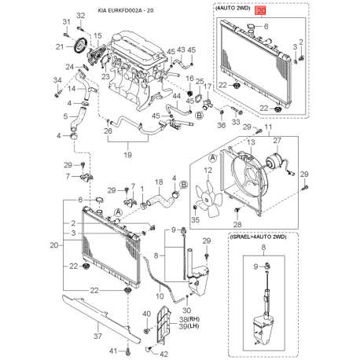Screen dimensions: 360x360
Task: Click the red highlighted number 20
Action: pyautogui.click(x=262, y=11)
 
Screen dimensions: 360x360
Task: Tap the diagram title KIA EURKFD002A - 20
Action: pyautogui.click(x=126, y=11)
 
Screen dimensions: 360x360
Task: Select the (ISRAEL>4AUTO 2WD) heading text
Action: pyautogui.click(x=259, y=237)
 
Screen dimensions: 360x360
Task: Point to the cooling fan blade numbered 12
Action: pyautogui.click(x=209, y=199)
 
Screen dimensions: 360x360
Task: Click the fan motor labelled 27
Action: pyautogui.click(x=274, y=161)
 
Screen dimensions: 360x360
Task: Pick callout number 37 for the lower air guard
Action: pyautogui.click(x=97, y=336)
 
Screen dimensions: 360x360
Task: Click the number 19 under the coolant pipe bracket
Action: pyautogui.click(x=127, y=155)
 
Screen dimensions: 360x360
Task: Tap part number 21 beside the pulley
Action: pyautogui.click(x=60, y=46)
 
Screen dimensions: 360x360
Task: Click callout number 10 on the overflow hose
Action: pyautogui.click(x=160, y=296)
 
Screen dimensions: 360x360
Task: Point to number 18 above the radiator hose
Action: pyautogui.click(x=159, y=182)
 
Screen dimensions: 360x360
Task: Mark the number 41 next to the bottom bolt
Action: pyautogui.click(x=113, y=351)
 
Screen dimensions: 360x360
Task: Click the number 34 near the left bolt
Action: pyautogui.click(x=57, y=80)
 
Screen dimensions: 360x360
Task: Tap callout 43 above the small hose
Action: pyautogui.click(x=181, y=50)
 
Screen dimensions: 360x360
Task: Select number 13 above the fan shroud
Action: pyautogui.click(x=251, y=142)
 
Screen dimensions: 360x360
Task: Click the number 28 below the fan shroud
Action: pyautogui.click(x=237, y=224)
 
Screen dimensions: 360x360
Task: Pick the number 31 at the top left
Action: pyautogui.click(x=66, y=21)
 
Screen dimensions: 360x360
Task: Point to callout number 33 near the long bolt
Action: pyautogui.click(x=236, y=122)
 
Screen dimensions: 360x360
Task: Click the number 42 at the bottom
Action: pyautogui.click(x=163, y=354)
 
